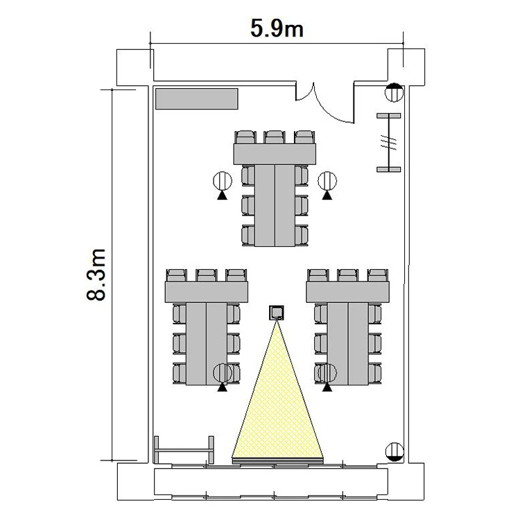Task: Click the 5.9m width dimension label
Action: (277, 28)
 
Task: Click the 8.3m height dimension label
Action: (96, 275)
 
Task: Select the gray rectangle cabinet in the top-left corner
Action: (197, 98)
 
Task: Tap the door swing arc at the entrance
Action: (329, 106)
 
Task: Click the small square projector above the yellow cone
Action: (276, 313)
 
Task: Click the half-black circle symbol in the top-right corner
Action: (394, 92)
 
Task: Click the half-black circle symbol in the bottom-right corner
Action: (395, 451)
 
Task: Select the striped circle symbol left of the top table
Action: (223, 181)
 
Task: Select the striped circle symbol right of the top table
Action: (327, 181)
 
